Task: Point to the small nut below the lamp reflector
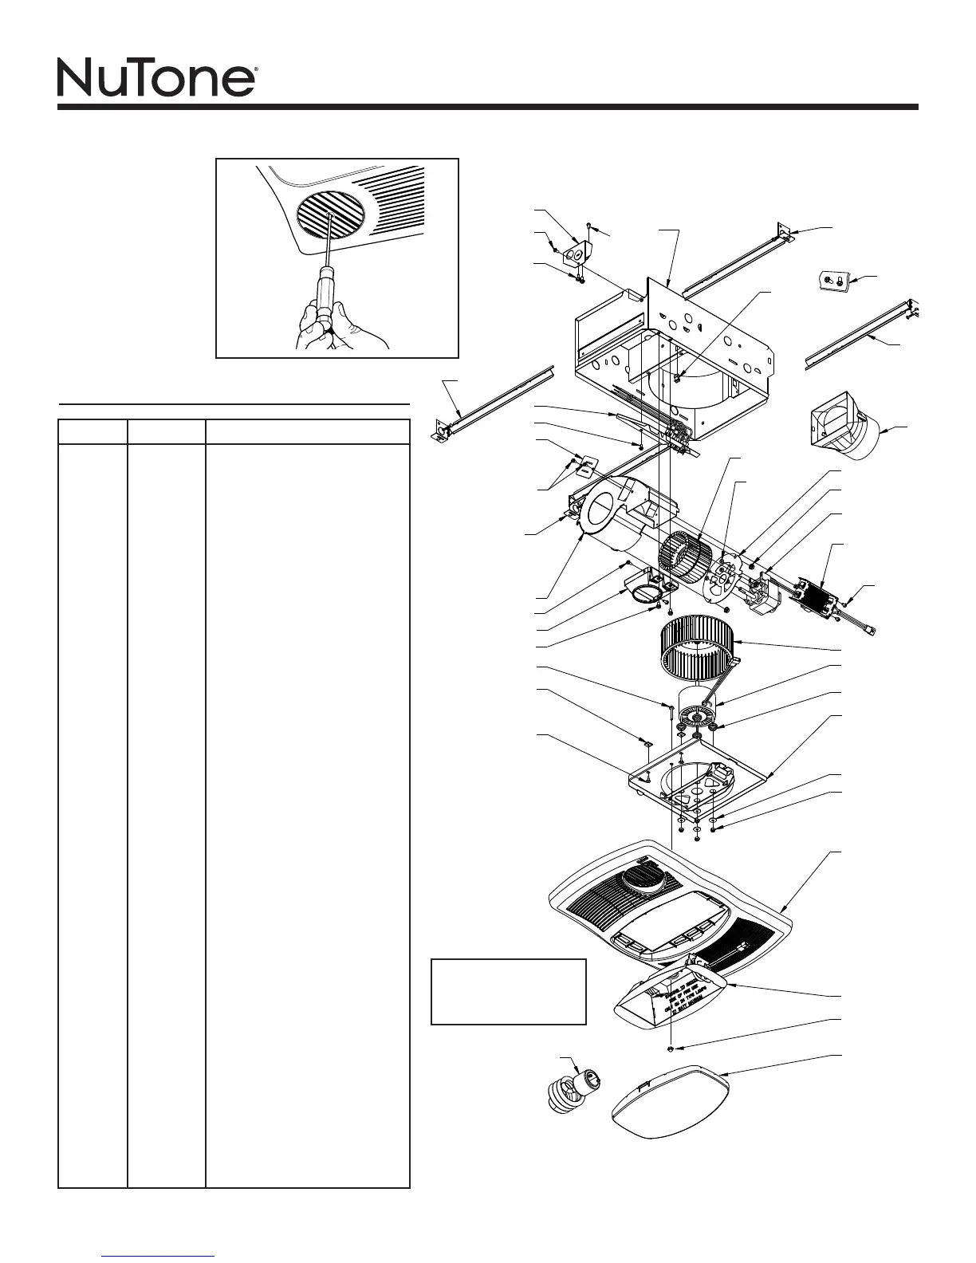pos(672,1049)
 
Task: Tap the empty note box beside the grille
pos(508,991)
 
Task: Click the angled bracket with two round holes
pos(576,256)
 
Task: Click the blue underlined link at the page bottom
pos(159,1256)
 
